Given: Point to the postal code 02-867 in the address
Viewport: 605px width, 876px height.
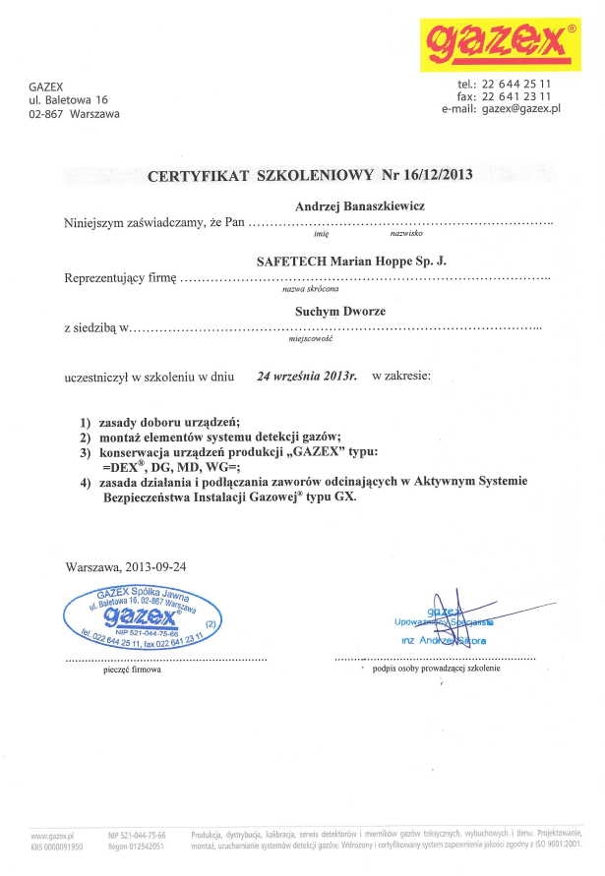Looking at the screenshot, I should pyautogui.click(x=46, y=114).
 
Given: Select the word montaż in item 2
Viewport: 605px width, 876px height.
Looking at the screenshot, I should pyautogui.click(x=121, y=437).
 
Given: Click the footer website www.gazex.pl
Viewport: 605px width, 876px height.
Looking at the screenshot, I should pyautogui.click(x=54, y=834).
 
